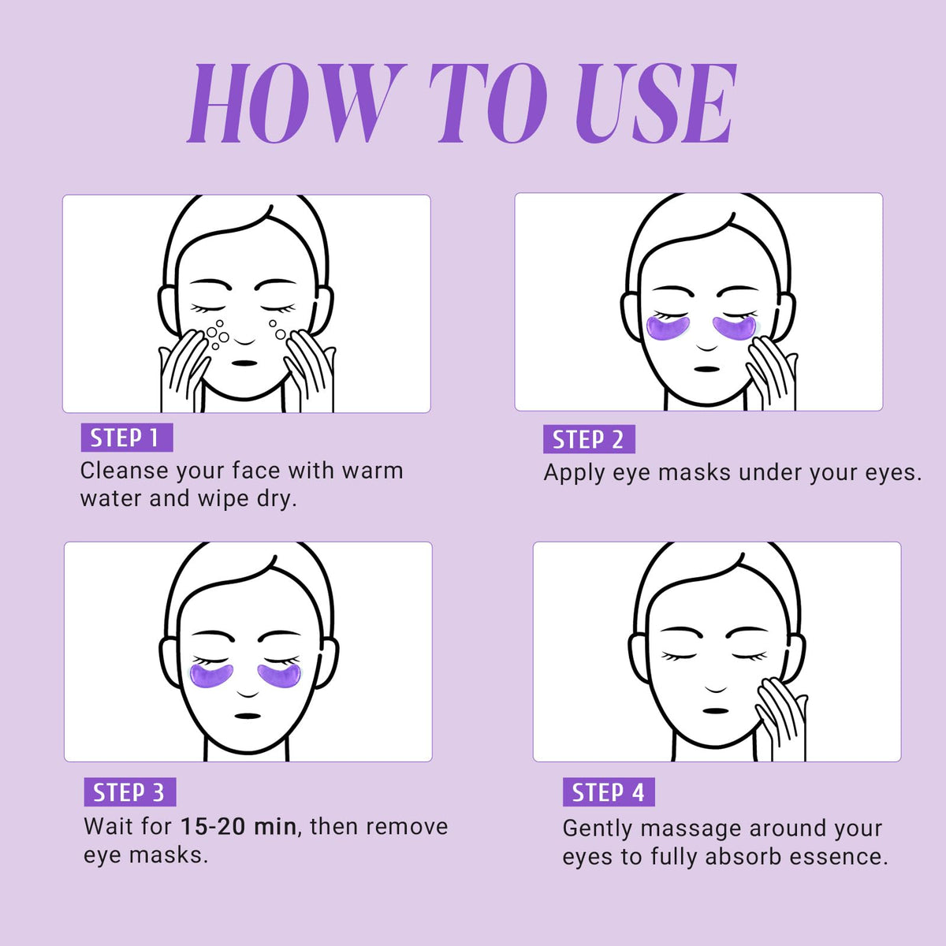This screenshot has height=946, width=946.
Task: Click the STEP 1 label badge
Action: (x=127, y=437)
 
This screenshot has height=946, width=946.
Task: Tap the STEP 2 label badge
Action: (x=589, y=439)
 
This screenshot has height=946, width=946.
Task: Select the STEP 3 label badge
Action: (x=129, y=791)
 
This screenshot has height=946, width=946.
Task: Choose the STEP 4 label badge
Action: (x=609, y=791)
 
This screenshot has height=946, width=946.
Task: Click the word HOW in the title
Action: (x=297, y=103)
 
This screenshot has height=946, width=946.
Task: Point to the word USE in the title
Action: (x=655, y=103)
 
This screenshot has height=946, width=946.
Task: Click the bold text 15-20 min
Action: (x=239, y=827)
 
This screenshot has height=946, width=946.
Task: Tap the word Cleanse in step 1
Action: (x=125, y=471)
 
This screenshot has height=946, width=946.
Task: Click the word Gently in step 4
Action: (x=598, y=829)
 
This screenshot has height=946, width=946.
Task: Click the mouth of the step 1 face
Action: (x=244, y=363)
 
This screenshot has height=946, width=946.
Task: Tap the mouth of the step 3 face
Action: (x=248, y=717)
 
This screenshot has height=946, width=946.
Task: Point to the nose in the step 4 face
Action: (x=716, y=688)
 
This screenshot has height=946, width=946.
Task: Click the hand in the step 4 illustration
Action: (x=781, y=717)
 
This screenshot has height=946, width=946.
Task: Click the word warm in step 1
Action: (x=373, y=471)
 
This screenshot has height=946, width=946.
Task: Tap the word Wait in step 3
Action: (x=109, y=827)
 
